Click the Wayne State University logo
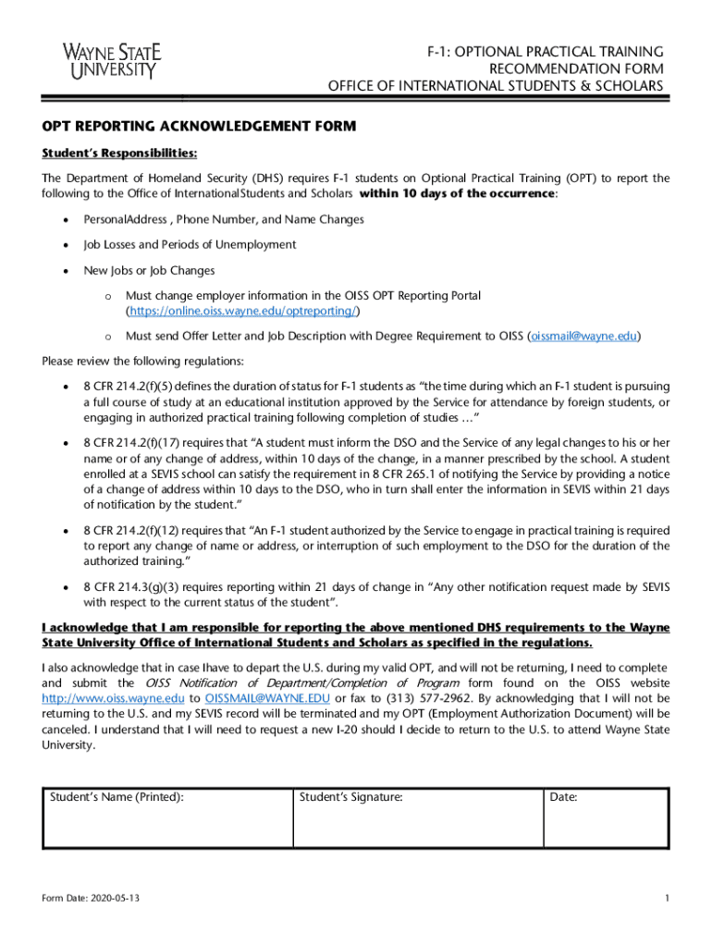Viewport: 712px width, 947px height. coord(109,61)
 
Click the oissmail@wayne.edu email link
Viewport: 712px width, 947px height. coord(583,337)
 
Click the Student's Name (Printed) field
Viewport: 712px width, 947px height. coord(166,818)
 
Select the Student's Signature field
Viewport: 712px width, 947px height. coord(416,818)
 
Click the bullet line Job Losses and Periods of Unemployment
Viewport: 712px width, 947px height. coord(190,245)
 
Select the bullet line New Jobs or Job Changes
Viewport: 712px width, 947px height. coord(149,271)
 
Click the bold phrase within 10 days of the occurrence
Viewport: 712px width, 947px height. coord(457,194)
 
